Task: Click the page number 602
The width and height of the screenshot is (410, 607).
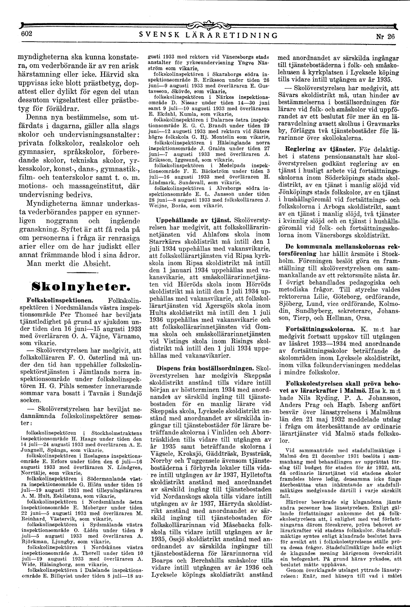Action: pos(20,34)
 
